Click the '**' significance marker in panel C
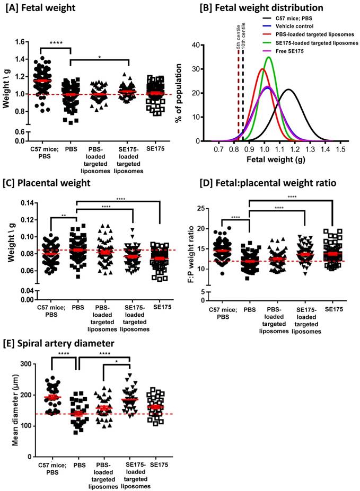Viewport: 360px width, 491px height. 64,217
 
